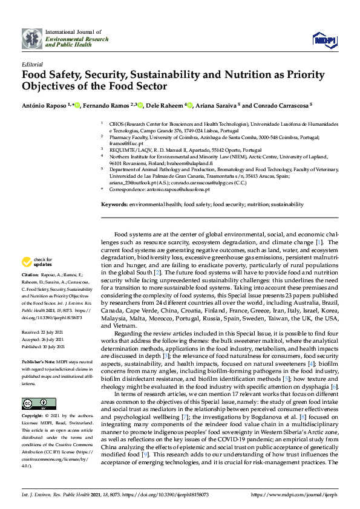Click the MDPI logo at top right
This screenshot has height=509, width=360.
[x=324, y=40]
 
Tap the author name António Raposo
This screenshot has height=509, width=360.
[x=46, y=105]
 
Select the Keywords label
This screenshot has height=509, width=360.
[x=114, y=205]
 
